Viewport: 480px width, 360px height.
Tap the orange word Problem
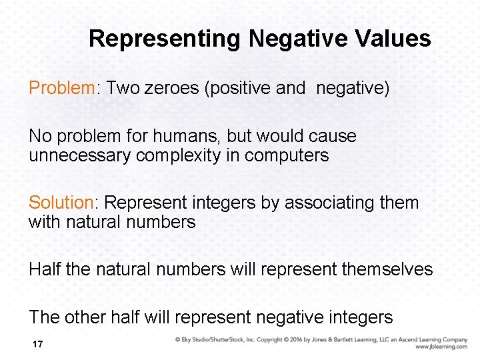(62, 88)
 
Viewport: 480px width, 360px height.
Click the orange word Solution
(63, 203)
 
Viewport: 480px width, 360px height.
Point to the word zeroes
(175, 88)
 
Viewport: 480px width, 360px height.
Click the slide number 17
(37, 345)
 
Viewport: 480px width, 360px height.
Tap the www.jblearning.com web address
(441, 347)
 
